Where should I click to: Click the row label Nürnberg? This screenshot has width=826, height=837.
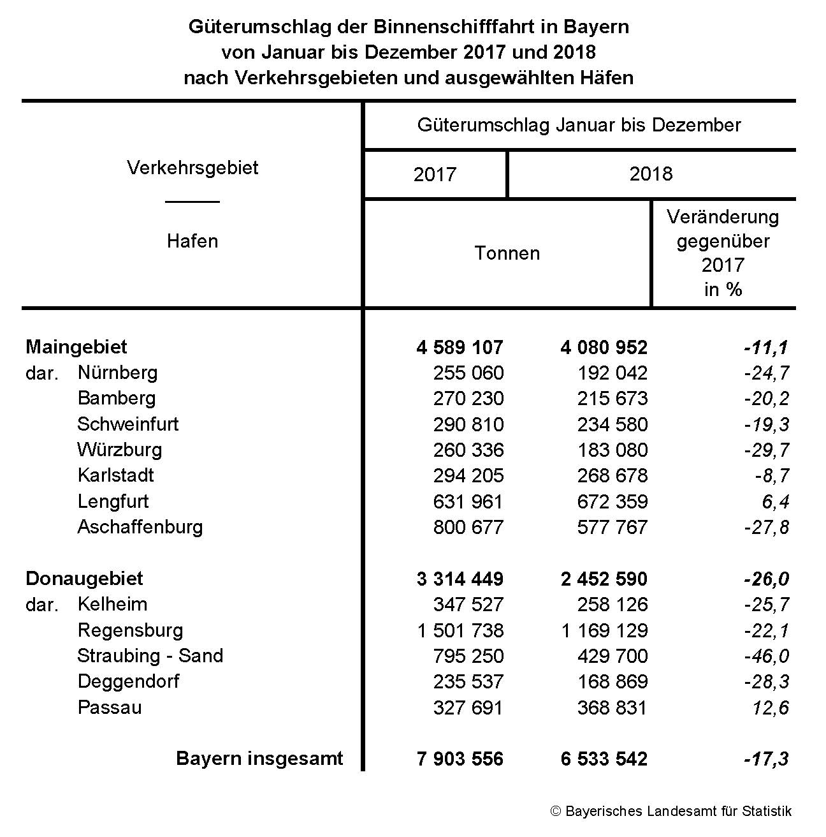tap(117, 373)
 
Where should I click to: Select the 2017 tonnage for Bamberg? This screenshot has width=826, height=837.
tap(468, 399)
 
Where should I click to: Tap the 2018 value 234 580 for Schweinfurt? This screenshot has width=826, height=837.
tap(612, 424)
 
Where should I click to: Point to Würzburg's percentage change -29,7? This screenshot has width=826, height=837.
tap(767, 450)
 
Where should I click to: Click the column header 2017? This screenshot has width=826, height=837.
tap(435, 174)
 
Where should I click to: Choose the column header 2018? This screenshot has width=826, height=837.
tap(651, 174)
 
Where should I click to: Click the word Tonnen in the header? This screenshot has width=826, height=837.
tap(507, 253)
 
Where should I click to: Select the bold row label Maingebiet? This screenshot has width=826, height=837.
tap(76, 347)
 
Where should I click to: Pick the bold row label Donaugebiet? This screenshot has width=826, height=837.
tap(84, 579)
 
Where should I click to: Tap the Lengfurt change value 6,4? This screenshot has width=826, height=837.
tap(776, 501)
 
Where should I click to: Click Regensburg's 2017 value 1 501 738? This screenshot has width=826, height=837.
tap(460, 630)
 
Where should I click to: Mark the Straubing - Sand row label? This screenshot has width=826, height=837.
tap(150, 656)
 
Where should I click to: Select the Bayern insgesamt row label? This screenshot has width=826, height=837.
tap(259, 759)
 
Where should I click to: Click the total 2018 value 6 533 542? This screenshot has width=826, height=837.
tap(604, 759)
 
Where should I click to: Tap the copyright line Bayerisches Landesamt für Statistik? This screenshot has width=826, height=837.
tap(671, 811)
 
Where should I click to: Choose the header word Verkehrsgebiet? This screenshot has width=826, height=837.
tap(192, 168)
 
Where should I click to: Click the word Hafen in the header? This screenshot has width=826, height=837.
tap(192, 241)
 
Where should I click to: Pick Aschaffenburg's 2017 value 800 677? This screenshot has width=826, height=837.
tap(468, 528)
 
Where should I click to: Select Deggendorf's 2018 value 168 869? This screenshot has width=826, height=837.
tap(612, 681)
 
